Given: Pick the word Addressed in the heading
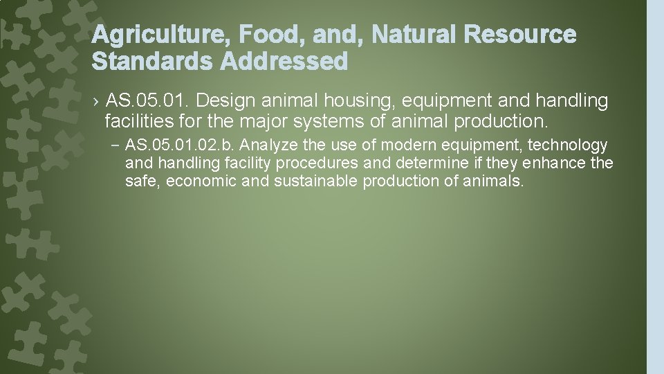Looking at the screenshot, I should [284, 62].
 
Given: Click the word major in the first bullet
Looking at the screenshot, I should [257, 123].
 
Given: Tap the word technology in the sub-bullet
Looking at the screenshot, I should [567, 145].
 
